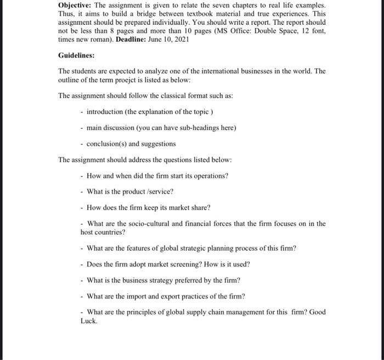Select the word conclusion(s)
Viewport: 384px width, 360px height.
106,144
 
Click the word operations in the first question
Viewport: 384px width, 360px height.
210,176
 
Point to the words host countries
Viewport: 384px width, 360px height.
103,232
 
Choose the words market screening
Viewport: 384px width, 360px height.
170,264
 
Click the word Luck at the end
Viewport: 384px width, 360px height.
89,320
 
